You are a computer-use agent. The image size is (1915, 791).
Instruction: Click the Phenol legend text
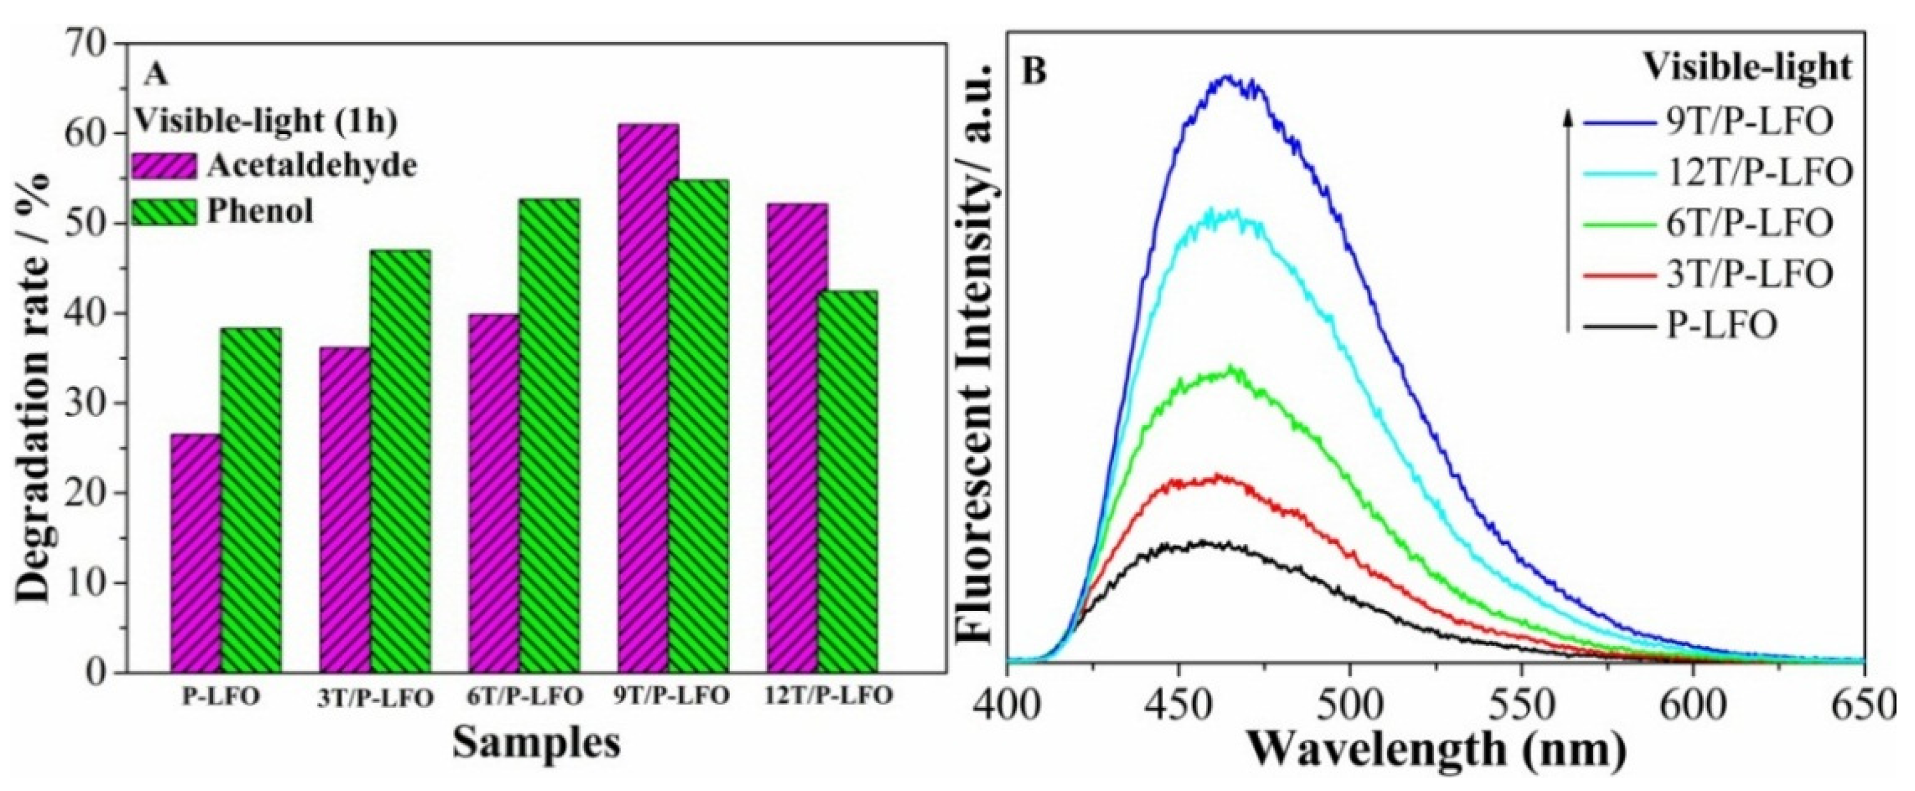[260, 212]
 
